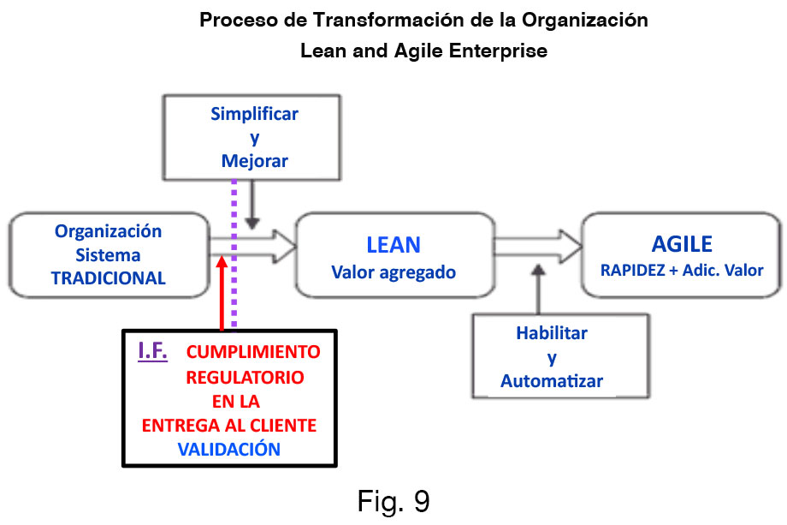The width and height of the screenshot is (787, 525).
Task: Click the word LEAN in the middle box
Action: tap(393, 245)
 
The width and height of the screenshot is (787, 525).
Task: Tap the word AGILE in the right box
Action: tap(682, 244)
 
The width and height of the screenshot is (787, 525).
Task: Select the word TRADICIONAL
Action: tap(109, 277)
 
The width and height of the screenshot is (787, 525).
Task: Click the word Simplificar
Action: tap(255, 114)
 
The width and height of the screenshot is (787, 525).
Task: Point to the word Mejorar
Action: tap(255, 160)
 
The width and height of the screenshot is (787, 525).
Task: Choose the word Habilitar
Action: tap(552, 333)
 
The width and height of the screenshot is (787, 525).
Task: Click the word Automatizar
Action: tap(552, 380)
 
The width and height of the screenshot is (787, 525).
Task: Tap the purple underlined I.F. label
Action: tap(153, 351)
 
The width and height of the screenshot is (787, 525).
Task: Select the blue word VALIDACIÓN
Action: tap(229, 447)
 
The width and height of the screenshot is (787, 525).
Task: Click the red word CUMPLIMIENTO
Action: tap(254, 352)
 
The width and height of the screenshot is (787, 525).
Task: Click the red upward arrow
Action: tap(222, 291)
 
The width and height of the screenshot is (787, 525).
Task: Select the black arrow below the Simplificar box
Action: tap(251, 206)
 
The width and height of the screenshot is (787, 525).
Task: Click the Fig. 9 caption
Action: tap(393, 501)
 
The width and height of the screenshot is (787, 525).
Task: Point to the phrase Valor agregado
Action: tap(393, 273)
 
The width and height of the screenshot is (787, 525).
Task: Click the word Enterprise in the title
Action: tap(504, 51)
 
